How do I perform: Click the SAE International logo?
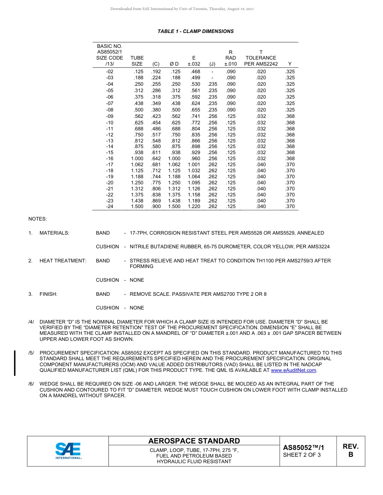click(68, 451)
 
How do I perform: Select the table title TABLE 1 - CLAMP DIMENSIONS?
click(196, 31)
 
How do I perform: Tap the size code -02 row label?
click(109, 71)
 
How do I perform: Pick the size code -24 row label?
click(109, 206)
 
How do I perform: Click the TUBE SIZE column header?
click(137, 61)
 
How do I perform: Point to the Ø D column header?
click(174, 64)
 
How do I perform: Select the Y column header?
click(290, 64)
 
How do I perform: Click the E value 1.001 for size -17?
click(194, 165)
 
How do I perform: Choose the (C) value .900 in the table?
click(156, 206)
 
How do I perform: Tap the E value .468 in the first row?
click(195, 71)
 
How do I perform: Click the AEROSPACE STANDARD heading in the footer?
click(194, 441)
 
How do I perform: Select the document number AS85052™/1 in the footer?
click(303, 448)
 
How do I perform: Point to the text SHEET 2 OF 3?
click(302, 455)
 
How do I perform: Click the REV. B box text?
click(350, 450)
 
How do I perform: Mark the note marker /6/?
click(31, 384)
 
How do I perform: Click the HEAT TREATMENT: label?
click(62, 261)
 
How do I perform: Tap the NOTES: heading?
click(37, 219)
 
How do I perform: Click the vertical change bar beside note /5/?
click(15, 363)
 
